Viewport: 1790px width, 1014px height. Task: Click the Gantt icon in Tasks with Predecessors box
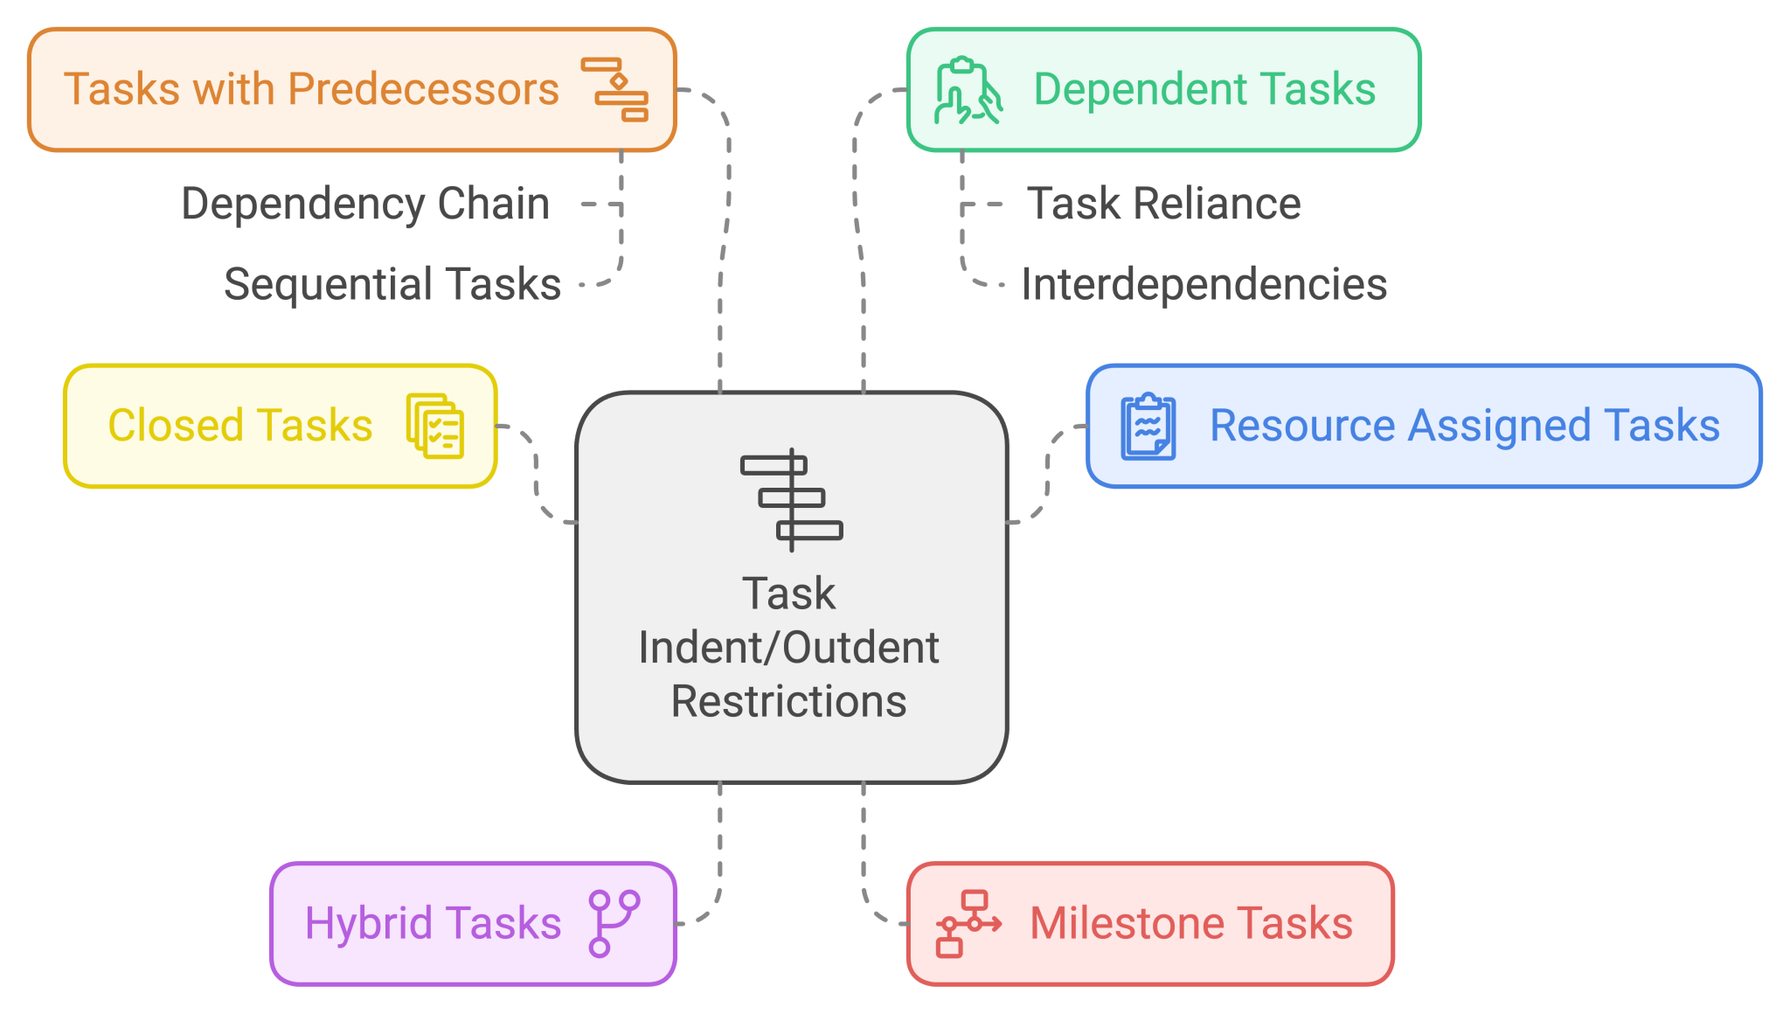tap(615, 89)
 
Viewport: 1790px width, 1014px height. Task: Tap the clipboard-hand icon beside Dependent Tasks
tap(968, 90)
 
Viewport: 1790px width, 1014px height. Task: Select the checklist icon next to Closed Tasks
tap(435, 426)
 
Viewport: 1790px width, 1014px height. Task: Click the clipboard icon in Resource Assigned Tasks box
tap(1148, 426)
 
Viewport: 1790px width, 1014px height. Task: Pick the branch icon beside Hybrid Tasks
tap(614, 923)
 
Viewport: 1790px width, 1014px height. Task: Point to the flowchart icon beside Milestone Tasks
tap(968, 924)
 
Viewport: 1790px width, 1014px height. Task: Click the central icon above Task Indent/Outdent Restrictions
tap(791, 499)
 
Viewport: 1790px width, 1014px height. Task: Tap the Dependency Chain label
tap(365, 204)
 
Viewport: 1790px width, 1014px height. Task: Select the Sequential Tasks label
tap(392, 284)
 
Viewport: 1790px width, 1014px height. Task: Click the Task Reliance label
tap(1163, 204)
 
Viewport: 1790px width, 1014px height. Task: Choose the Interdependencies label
tap(1204, 284)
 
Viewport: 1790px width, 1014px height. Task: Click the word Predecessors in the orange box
tap(423, 89)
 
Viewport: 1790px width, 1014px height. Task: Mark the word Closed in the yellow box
tap(175, 426)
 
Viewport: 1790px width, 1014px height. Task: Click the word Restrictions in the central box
tap(789, 701)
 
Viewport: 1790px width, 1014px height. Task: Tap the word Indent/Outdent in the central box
tap(789, 648)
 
